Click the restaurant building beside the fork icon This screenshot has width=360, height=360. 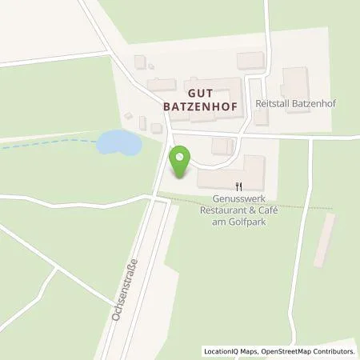pos(230,170)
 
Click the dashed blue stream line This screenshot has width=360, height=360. pos(56,141)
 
